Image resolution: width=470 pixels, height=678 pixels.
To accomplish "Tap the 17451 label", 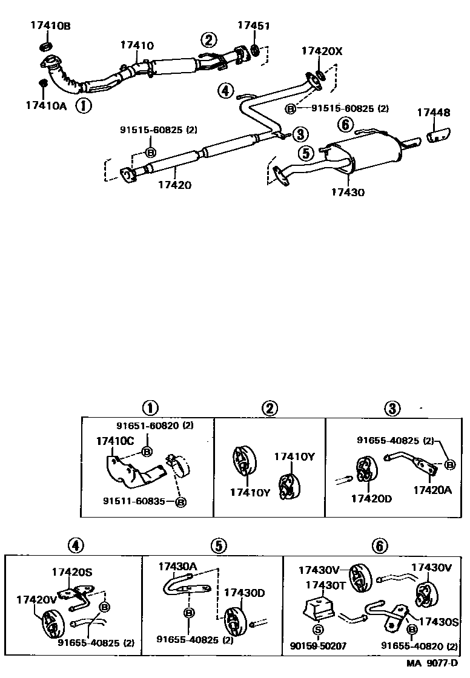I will (253, 25).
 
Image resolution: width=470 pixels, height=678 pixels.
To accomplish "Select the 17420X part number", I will (322, 52).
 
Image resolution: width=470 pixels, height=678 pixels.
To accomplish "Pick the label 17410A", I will (47, 105).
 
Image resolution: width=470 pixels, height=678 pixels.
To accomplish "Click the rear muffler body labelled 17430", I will (363, 156).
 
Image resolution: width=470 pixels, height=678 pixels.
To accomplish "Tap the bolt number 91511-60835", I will (134, 501).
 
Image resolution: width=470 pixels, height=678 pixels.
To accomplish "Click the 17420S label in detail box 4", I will (71, 571).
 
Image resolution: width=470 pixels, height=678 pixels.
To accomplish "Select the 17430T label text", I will (325, 585).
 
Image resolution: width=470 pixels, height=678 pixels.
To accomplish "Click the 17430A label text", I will (178, 567).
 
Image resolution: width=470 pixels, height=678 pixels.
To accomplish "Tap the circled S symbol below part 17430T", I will (318, 630).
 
